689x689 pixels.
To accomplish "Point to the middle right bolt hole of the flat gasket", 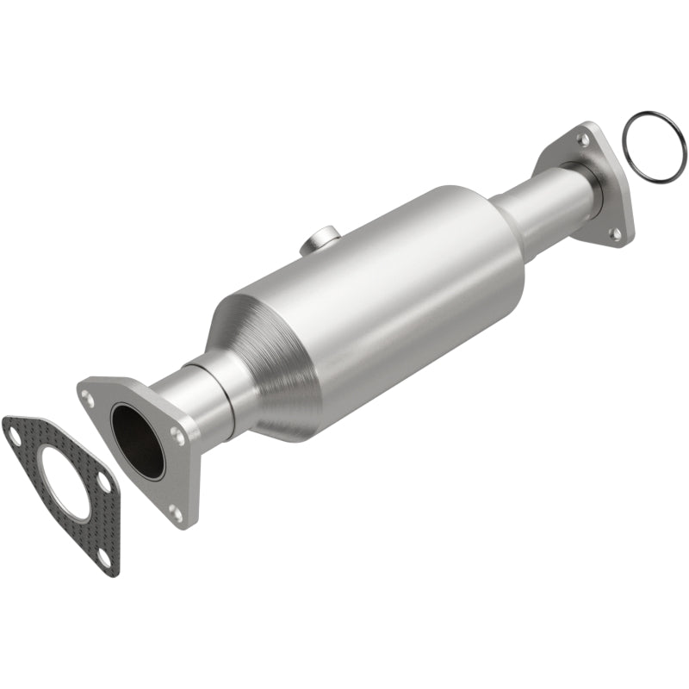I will tap(104, 481).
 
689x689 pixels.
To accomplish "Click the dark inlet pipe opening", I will tap(137, 441).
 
